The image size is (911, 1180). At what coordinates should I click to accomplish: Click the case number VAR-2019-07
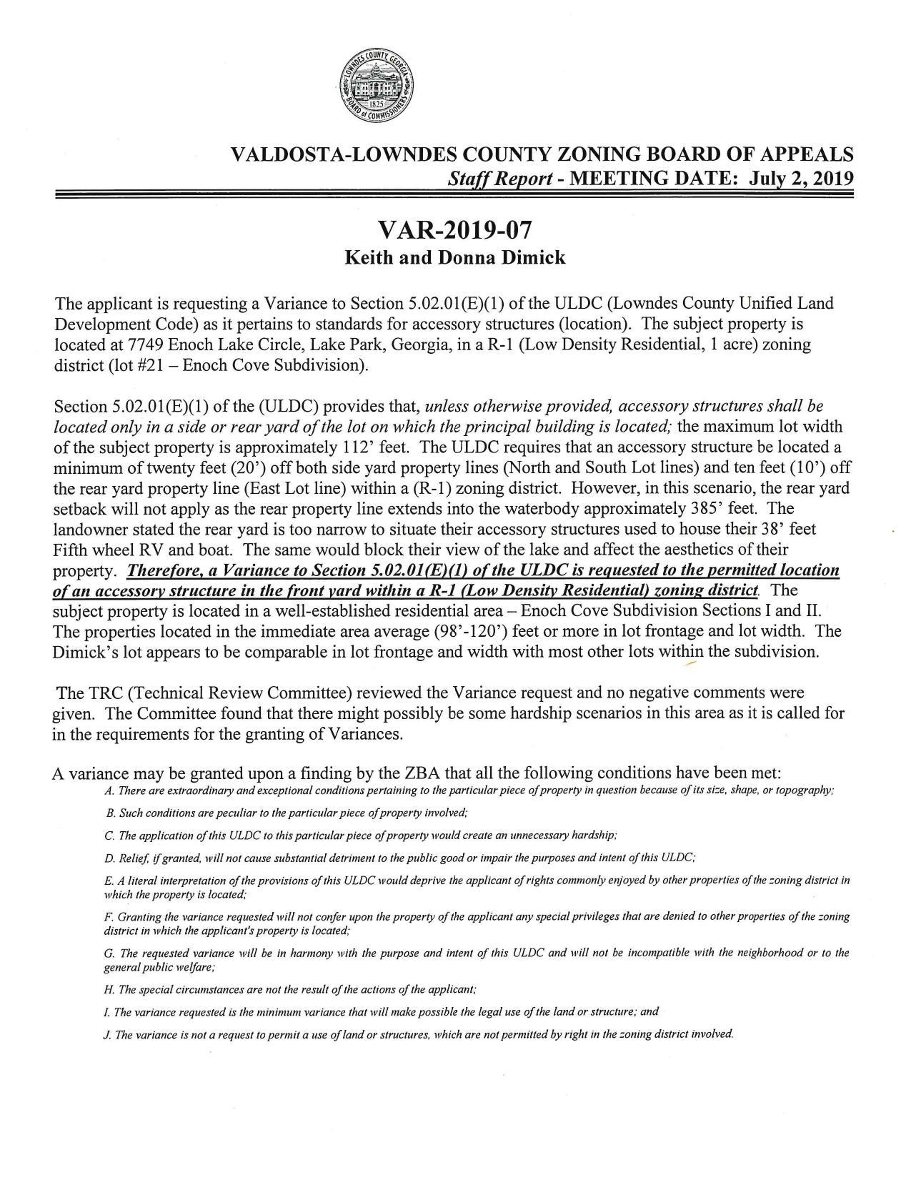coord(454,230)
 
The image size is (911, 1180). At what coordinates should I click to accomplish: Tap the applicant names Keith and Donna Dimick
coord(454,258)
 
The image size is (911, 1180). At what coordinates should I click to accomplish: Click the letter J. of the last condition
coord(107,1035)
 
